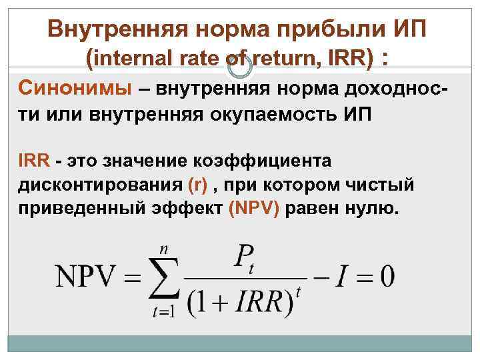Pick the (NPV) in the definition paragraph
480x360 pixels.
[256, 207]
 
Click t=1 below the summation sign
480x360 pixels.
[163, 311]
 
